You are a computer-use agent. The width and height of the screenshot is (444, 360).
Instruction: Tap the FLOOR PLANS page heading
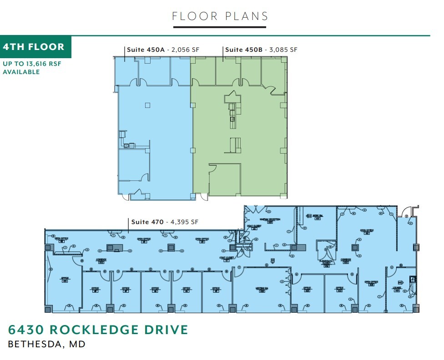(220, 16)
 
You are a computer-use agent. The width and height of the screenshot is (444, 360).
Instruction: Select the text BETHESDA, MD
(47, 344)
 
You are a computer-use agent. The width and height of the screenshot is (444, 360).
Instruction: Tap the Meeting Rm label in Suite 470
(262, 290)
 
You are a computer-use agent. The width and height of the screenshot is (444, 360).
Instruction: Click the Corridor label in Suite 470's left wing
(101, 260)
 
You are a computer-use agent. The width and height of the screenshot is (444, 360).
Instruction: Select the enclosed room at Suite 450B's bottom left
(225, 180)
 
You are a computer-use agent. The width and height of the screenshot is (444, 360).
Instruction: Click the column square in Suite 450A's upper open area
(147, 105)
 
